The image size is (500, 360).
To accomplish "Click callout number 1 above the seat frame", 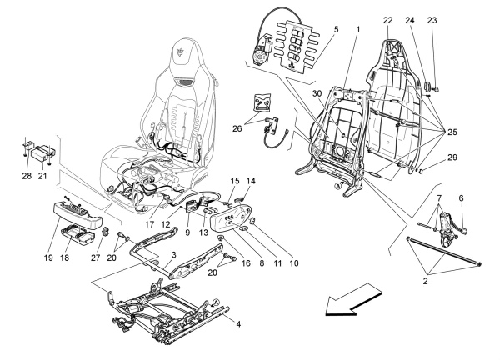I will tap(357, 30).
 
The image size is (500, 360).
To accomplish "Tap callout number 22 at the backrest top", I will tap(387, 20).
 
